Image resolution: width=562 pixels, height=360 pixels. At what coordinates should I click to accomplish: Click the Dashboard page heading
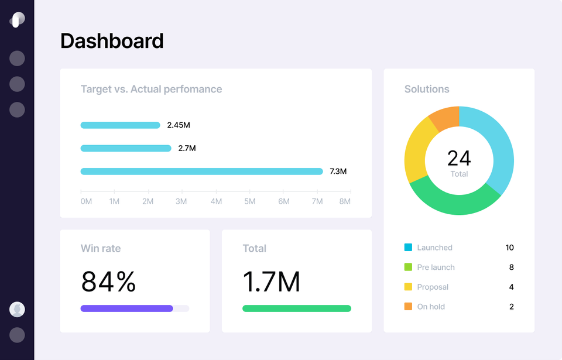pos(112,41)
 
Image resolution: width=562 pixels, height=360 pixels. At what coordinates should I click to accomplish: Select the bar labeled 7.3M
pos(201,172)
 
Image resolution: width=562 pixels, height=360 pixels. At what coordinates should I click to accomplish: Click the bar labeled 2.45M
pos(120,125)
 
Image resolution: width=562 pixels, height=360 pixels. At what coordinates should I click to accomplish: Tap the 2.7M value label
pos(187,148)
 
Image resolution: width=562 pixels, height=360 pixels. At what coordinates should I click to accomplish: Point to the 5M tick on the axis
pos(250,201)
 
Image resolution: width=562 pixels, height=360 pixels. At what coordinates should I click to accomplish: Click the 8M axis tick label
pos(345,201)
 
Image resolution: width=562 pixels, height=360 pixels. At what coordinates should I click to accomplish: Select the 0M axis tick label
pos(86,201)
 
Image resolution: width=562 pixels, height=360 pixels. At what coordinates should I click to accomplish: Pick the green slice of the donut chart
pos(454,199)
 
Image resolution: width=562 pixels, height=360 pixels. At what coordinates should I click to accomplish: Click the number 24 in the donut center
pos(459,158)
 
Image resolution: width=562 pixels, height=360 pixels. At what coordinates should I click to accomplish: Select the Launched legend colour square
pos(408,248)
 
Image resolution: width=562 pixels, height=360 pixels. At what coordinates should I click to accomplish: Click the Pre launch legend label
pos(436,268)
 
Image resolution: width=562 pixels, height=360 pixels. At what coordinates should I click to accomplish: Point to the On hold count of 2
pos(512,307)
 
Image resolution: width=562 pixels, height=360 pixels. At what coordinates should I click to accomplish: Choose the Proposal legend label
pos(433,287)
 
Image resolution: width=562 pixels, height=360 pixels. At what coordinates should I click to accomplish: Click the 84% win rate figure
pos(108,282)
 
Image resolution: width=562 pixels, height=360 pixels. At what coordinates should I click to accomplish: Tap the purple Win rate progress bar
pos(126,308)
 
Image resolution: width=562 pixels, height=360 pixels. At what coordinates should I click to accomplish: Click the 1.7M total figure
pos(271,282)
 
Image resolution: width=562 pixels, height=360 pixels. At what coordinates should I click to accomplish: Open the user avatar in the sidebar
pos(17,309)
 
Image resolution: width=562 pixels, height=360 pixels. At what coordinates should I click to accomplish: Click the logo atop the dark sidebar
pos(17,19)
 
